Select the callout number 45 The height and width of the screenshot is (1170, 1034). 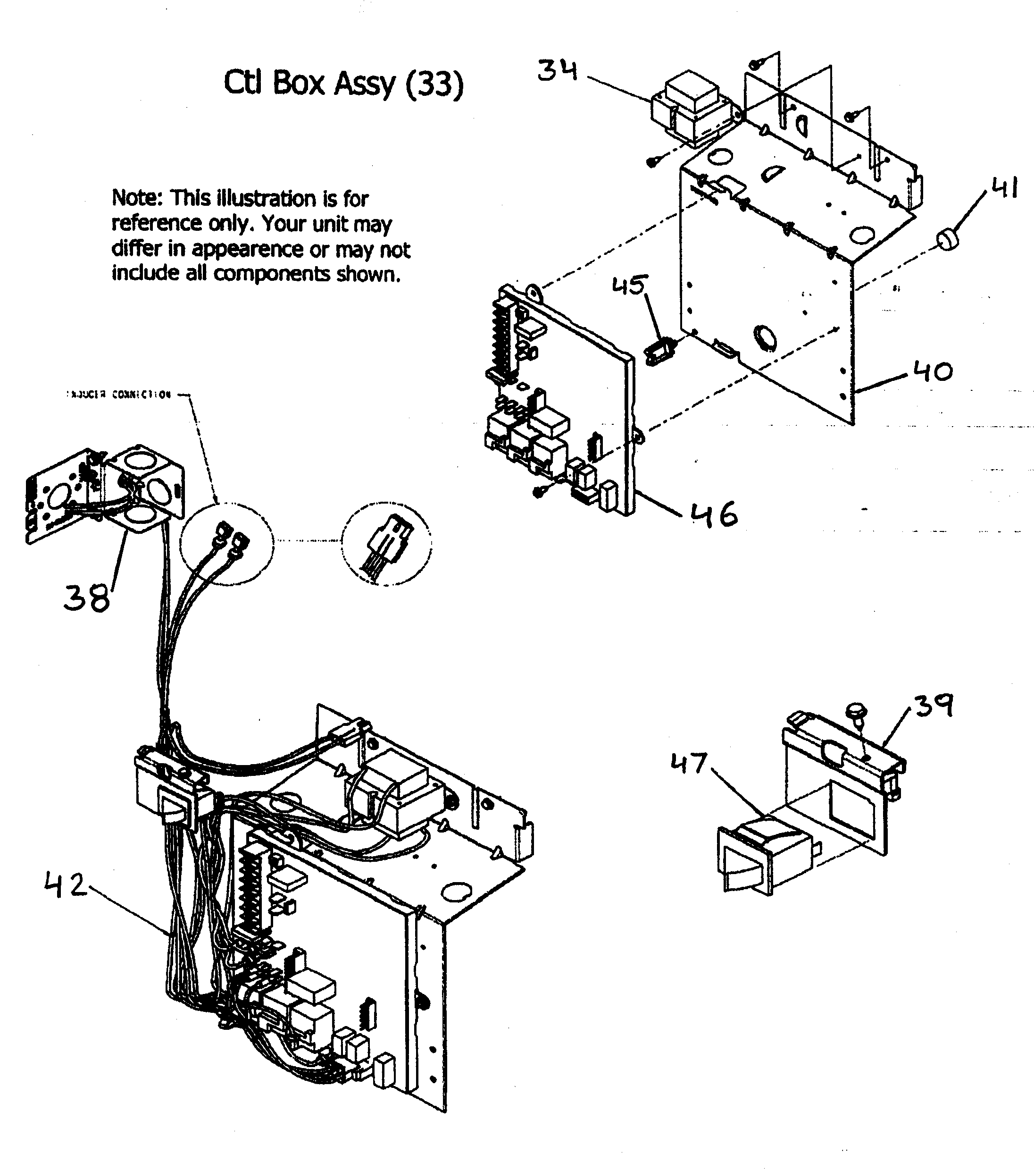click(629, 285)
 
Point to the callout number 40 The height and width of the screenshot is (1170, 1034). click(932, 371)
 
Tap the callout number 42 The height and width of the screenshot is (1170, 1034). click(65, 885)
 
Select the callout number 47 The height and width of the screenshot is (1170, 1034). click(689, 763)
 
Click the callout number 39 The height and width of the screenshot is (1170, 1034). click(934, 706)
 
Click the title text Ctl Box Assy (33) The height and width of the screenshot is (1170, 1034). click(343, 84)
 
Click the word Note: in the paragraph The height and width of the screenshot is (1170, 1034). click(137, 198)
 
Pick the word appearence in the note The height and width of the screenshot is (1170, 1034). click(247, 249)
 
